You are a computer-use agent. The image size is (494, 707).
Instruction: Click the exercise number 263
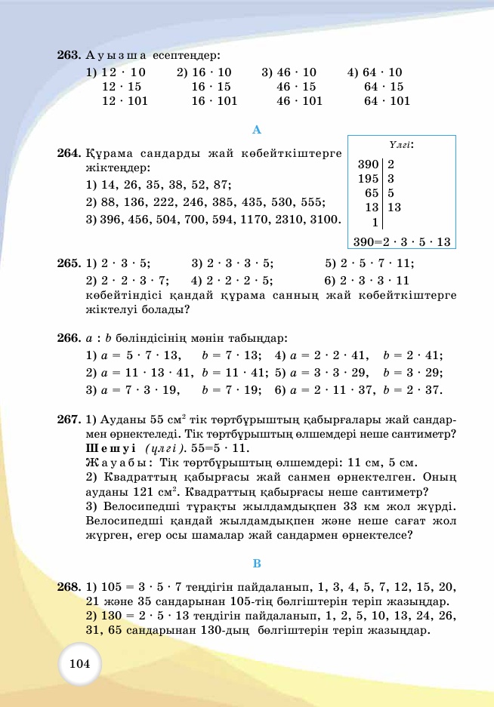click(69, 56)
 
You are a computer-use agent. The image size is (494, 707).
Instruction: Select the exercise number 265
click(69, 263)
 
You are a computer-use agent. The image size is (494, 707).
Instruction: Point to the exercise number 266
click(69, 337)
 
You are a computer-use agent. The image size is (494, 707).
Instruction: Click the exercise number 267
click(69, 420)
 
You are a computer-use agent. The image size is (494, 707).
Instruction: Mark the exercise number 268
click(69, 586)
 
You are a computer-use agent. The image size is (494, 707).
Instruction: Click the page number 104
click(79, 664)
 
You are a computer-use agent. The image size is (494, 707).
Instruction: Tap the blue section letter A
click(257, 129)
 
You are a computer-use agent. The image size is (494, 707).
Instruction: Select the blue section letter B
click(257, 564)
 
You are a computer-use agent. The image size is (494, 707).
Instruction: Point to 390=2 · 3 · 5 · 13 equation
click(402, 242)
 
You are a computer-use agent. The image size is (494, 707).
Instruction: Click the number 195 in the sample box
click(368, 179)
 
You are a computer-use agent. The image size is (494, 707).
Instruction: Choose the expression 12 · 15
click(122, 87)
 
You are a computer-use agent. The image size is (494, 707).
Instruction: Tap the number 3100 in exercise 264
click(325, 220)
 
